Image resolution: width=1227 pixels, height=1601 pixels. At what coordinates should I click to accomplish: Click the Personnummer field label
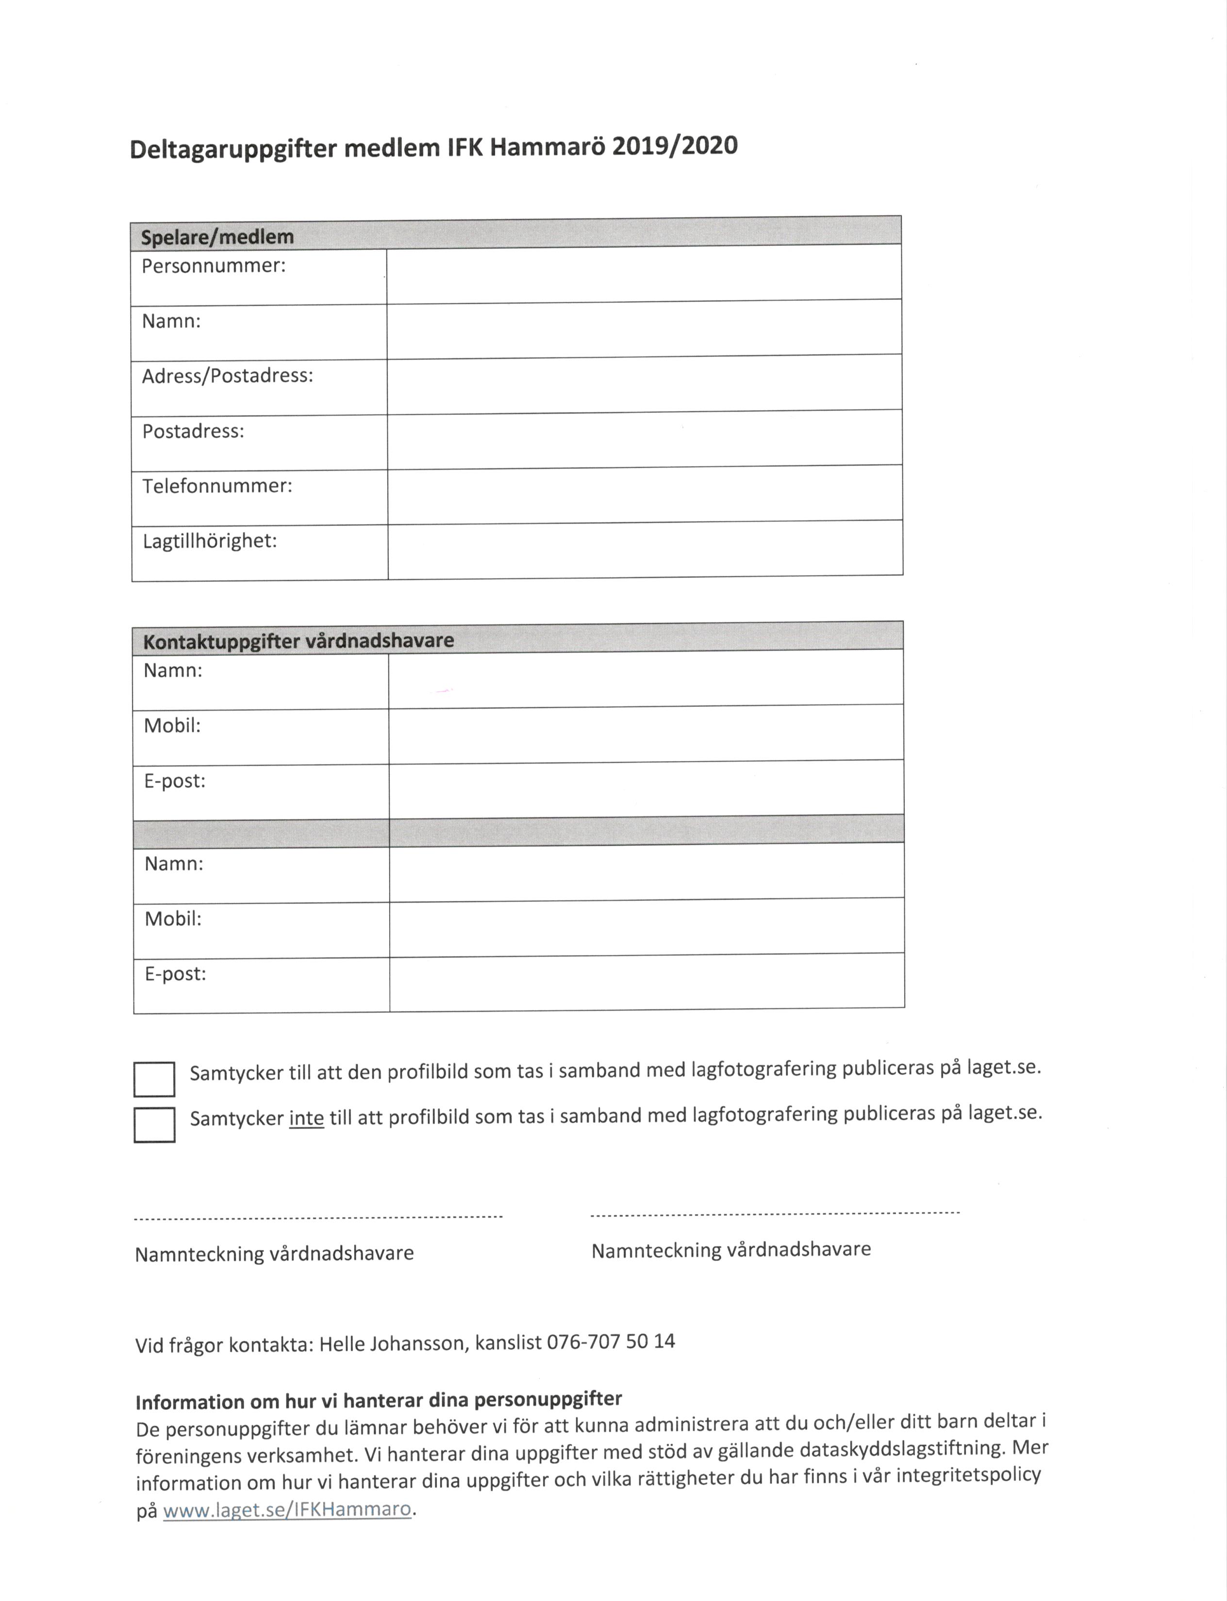(x=213, y=266)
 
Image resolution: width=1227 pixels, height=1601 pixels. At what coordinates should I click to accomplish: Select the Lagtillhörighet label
(x=210, y=541)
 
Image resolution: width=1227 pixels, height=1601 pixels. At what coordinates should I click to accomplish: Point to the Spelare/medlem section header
(x=217, y=237)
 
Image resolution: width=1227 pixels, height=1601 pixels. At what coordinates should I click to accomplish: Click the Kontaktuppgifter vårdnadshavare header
(x=298, y=641)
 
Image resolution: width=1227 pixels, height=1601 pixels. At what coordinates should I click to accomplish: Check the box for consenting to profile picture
(x=154, y=1078)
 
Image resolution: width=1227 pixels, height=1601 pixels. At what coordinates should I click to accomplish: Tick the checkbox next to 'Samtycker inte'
(x=154, y=1124)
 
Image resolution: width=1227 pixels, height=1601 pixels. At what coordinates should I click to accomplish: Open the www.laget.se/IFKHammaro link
(x=287, y=1509)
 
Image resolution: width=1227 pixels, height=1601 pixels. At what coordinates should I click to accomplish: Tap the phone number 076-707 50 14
(x=611, y=1342)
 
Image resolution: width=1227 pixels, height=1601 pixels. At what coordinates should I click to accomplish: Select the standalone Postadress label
(x=193, y=431)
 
